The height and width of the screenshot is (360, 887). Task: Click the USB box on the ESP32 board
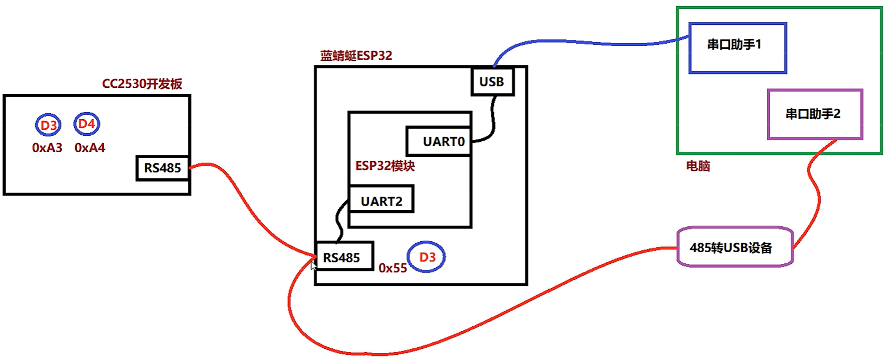492,82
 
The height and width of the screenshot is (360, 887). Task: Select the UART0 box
439,141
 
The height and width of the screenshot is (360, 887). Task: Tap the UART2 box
381,200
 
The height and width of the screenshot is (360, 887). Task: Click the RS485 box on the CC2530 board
162,168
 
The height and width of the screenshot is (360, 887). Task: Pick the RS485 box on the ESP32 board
344,257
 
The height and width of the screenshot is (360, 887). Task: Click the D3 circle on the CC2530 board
48,125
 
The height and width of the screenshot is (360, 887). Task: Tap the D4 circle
86,124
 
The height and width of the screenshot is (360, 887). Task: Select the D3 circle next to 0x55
426,257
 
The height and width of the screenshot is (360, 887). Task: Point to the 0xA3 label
47,148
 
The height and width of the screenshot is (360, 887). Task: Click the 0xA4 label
90,148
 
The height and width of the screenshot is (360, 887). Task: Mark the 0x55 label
392,268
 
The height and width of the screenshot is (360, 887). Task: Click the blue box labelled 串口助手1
737,48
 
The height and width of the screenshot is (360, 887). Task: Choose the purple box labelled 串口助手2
815,114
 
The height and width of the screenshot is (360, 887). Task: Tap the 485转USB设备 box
734,247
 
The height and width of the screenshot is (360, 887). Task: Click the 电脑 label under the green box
698,166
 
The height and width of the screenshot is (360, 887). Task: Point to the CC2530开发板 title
142,84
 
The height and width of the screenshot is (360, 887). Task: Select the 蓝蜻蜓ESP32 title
356,55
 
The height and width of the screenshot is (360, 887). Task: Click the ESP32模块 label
385,166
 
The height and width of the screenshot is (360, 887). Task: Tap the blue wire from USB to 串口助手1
587,43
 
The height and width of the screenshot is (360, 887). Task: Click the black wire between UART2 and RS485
339,221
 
